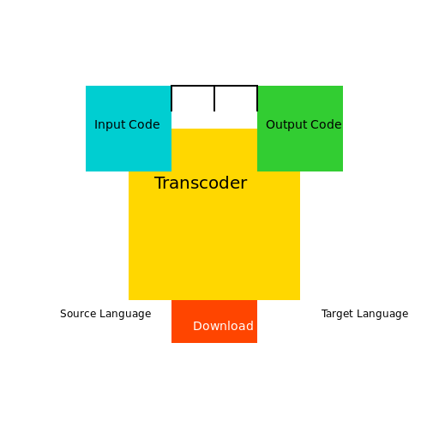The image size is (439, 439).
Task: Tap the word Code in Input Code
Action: (144, 124)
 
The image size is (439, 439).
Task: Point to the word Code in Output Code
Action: (326, 124)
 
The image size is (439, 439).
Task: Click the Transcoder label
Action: (201, 183)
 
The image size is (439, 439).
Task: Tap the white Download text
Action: (223, 326)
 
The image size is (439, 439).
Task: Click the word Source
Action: (78, 314)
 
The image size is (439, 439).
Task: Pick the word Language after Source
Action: (125, 314)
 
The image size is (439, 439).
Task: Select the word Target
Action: (337, 314)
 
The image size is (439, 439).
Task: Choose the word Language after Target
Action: (382, 314)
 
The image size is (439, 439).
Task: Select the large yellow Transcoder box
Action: (214, 229)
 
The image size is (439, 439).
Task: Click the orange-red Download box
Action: (214, 322)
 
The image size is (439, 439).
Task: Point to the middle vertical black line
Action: (214, 99)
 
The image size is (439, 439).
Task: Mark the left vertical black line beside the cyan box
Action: (171, 99)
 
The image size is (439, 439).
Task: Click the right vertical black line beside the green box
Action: (257, 99)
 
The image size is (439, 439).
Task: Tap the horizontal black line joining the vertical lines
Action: (214, 86)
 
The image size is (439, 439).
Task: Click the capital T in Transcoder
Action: (159, 183)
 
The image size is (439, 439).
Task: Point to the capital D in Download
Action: (197, 326)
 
